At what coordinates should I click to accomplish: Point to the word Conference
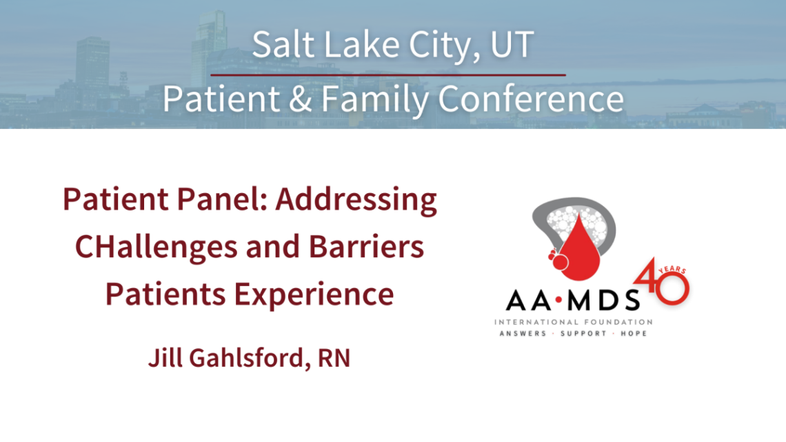(530, 99)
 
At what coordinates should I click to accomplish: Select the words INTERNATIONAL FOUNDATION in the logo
(573, 322)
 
